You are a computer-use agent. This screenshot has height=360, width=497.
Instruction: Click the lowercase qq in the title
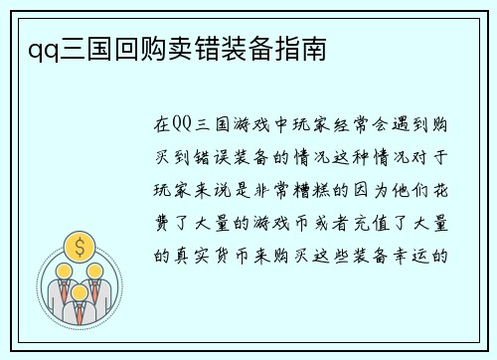(30, 47)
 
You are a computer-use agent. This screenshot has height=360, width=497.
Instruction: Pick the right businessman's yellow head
(94, 271)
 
